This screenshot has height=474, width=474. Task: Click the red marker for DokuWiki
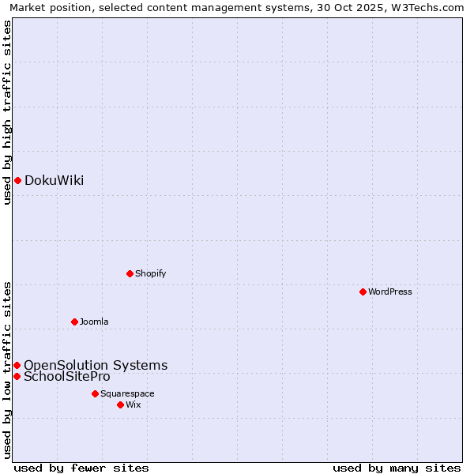coord(17,180)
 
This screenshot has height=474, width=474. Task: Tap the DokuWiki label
coord(54,180)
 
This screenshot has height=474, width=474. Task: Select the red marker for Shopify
coord(130,273)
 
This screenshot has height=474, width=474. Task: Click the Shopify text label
coord(150,273)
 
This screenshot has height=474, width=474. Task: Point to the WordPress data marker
coord(363,292)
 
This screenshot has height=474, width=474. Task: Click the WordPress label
coord(389,292)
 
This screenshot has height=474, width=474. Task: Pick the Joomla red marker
coord(74,322)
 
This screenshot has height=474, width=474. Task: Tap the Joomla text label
coord(93,322)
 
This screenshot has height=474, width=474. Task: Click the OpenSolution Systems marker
coord(17,365)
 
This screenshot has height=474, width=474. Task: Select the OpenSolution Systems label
coord(96,365)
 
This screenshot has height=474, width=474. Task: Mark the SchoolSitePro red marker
coord(17,376)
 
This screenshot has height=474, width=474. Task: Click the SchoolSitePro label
coord(66,376)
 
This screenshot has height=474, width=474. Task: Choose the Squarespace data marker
coord(95,393)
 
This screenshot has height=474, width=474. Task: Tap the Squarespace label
coord(127,393)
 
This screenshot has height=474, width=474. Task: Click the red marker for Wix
coord(120,404)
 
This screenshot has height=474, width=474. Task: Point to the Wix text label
coord(133,404)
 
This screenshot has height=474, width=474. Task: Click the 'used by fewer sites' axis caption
coord(81,468)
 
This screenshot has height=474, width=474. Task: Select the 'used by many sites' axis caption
coord(397,468)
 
